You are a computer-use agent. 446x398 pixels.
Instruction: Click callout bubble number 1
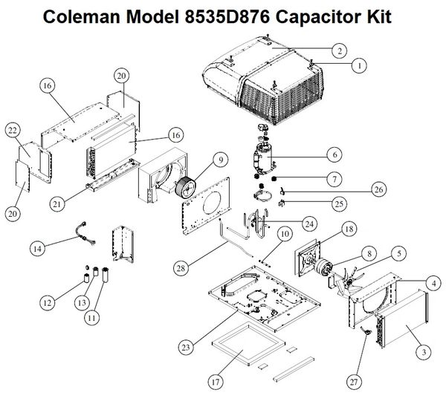click(x=361, y=65)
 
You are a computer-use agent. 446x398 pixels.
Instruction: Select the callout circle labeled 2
click(x=338, y=50)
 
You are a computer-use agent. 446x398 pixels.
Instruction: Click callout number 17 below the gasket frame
click(x=215, y=382)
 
